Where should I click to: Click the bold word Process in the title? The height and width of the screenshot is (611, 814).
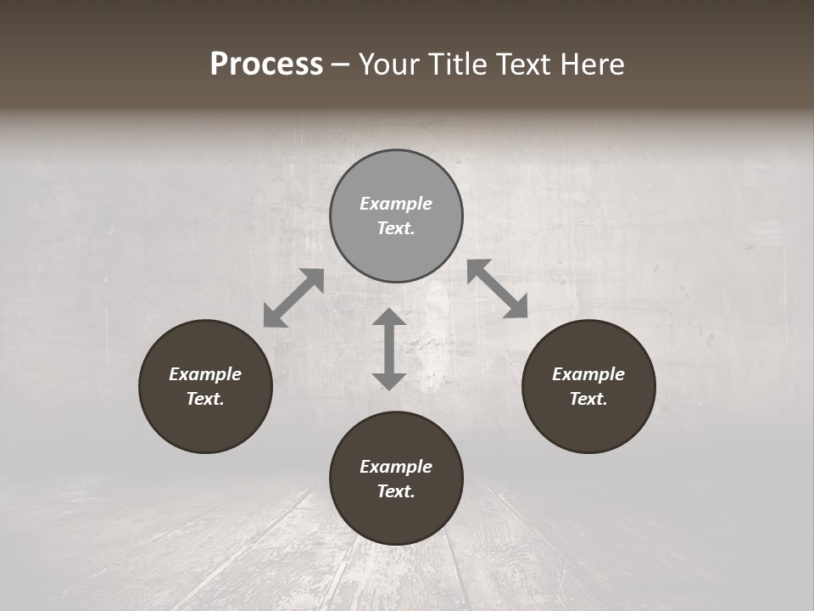(x=266, y=64)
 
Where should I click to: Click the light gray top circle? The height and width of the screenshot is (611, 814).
(x=396, y=216)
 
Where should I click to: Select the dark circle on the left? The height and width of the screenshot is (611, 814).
(x=205, y=386)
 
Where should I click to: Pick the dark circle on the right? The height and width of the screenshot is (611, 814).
(x=588, y=386)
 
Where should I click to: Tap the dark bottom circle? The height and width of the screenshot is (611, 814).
(x=396, y=479)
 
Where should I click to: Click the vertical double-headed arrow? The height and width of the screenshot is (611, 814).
(x=389, y=349)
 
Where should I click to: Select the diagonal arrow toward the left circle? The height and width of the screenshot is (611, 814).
(x=293, y=298)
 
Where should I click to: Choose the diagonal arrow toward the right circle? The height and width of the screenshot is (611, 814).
(x=498, y=289)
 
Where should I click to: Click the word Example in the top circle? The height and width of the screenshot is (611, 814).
(x=396, y=204)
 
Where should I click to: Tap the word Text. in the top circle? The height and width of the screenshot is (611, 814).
(x=396, y=228)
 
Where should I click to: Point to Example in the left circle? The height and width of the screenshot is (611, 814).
(x=205, y=374)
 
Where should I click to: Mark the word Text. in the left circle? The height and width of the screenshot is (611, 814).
(x=205, y=399)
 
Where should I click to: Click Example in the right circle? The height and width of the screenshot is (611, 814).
(x=588, y=374)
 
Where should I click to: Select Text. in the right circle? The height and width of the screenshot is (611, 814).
(x=588, y=399)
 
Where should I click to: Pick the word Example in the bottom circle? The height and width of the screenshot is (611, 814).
(x=396, y=467)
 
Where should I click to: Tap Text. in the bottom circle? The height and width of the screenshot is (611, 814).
(x=396, y=491)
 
